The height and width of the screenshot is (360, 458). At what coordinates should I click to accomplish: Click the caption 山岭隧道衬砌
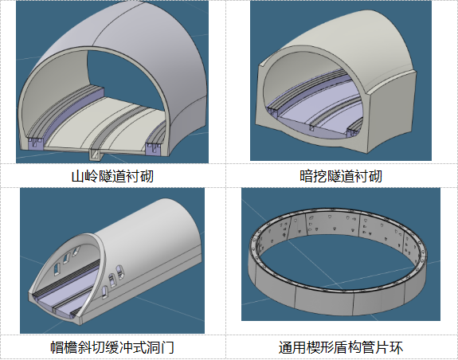pos(112,176)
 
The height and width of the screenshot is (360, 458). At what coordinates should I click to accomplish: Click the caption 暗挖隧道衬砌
pos(341,176)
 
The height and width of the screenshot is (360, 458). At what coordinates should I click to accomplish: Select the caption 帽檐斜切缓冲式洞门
pos(112,347)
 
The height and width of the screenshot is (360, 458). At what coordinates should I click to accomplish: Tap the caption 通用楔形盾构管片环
pos(341,347)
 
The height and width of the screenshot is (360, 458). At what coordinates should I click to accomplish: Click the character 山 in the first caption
pos(78,176)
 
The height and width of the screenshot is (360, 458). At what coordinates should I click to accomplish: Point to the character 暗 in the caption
pos(307,176)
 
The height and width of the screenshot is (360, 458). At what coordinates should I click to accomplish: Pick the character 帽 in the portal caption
pos(57,347)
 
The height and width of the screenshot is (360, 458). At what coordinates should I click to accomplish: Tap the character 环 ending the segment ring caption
pos(397,347)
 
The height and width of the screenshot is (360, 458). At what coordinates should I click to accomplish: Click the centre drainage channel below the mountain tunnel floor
pos(95,155)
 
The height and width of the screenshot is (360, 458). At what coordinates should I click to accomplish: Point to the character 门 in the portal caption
pos(167,347)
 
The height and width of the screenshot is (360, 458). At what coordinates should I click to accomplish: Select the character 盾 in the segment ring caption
pos(341,347)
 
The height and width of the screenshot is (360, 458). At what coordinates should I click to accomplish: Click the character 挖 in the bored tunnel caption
pos(320,176)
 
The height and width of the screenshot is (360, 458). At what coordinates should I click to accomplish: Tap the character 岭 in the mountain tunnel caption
pos(92,176)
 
